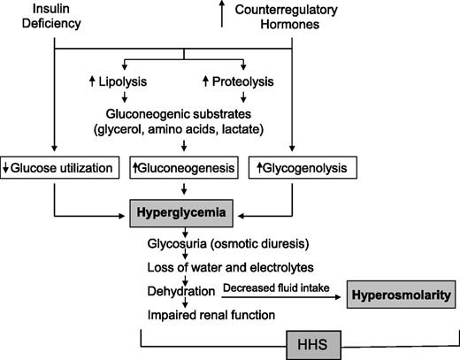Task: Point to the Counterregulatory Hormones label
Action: pyautogui.click(x=280, y=16)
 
